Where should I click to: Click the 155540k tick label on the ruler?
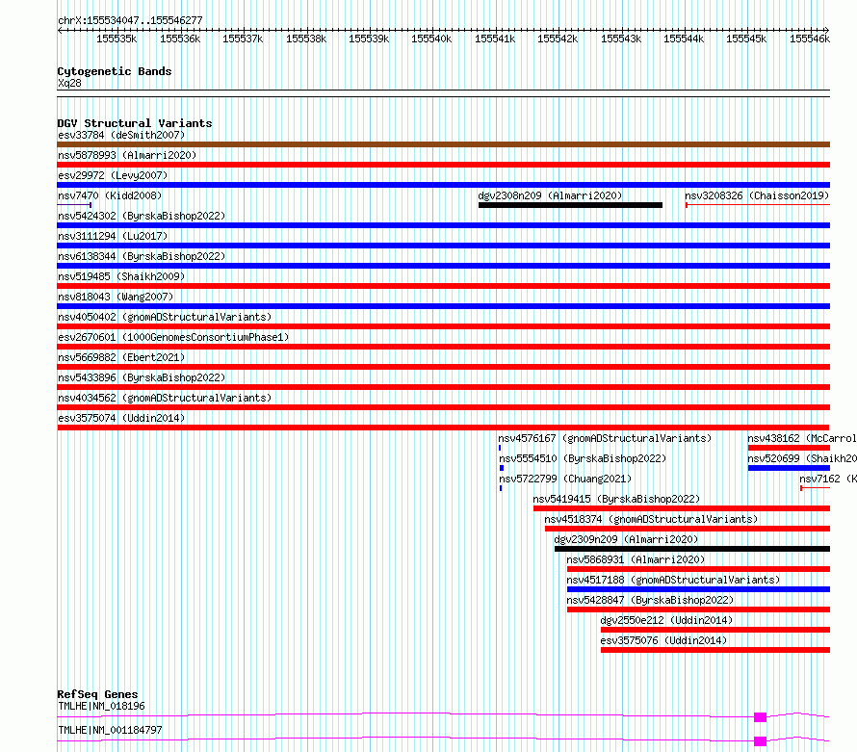(431, 39)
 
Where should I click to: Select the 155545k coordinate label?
(746, 39)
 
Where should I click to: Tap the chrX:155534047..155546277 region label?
(130, 20)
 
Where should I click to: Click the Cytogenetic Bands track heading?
(114, 71)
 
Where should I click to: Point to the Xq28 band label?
(69, 83)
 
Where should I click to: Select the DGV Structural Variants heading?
(134, 123)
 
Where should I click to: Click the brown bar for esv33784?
(443, 144)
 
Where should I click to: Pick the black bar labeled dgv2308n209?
(570, 205)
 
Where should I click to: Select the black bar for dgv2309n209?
(691, 549)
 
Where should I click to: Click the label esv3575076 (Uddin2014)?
(664, 640)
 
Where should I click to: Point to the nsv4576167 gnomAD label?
(605, 438)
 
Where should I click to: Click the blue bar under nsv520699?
(788, 468)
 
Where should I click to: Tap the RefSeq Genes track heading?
(97, 694)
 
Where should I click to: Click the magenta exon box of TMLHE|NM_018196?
(760, 716)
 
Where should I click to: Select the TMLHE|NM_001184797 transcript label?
(110, 730)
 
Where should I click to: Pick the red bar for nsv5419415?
(681, 508)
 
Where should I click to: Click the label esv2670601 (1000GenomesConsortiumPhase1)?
(173, 337)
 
